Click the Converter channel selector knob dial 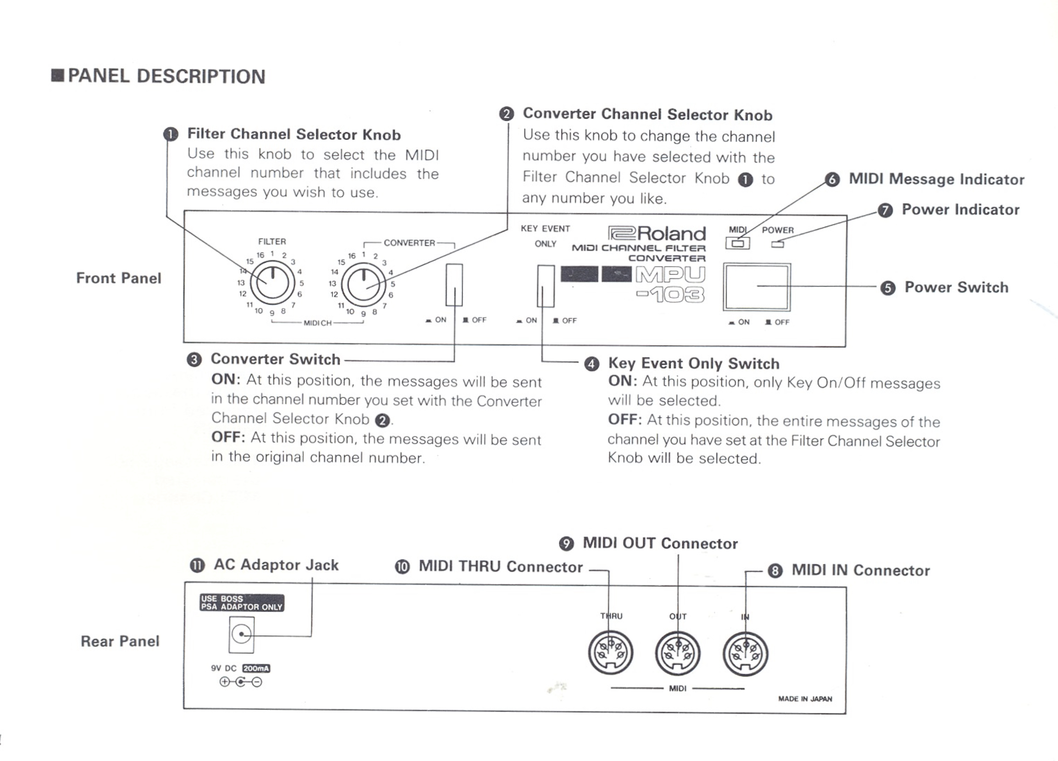363,283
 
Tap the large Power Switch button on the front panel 757,287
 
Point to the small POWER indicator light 777,244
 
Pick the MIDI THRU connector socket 611,653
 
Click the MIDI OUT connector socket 678,653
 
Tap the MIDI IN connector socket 746,653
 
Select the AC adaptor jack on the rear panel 241,635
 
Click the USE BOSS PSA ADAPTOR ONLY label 242,603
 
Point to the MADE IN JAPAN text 805,699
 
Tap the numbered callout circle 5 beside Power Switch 888,288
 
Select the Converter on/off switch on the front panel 454,285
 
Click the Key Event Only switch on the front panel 545,286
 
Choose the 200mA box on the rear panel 257,669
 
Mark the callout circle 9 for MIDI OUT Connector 566,543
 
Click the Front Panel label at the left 119,278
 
